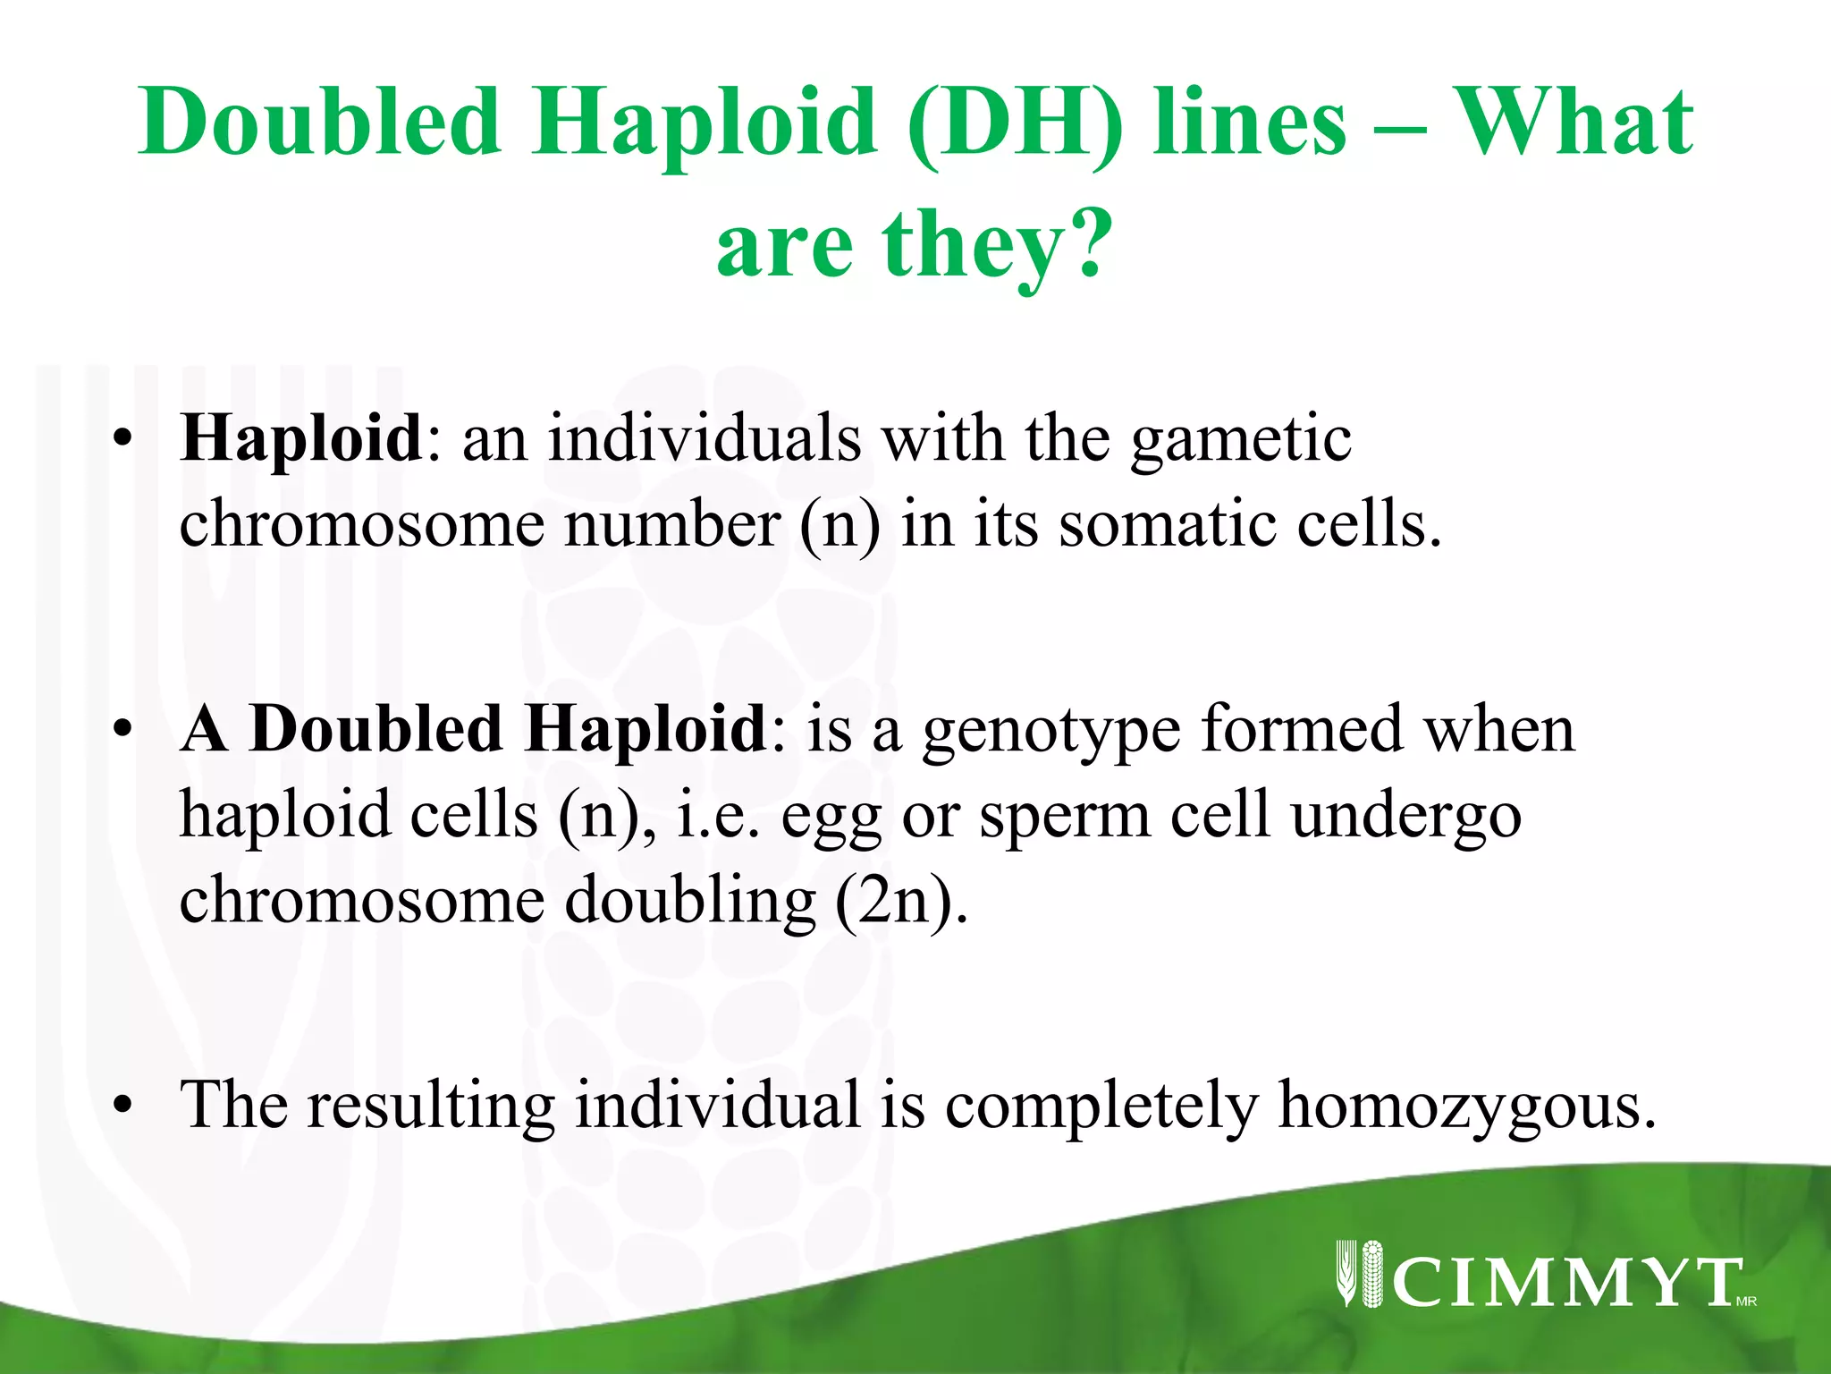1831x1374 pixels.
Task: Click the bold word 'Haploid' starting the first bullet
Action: click(x=301, y=438)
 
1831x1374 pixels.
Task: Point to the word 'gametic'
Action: click(x=1240, y=440)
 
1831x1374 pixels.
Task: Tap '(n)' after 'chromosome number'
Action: click(x=839, y=525)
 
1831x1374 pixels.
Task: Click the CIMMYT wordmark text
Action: click(x=1566, y=1283)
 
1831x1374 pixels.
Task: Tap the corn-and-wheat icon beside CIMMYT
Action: click(x=1359, y=1274)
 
